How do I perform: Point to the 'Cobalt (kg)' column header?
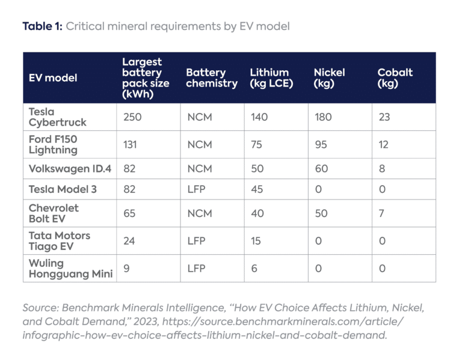395,78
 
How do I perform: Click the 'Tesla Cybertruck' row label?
58,117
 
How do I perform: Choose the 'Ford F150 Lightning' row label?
54,144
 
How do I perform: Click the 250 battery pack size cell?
132,117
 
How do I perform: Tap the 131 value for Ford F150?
130,144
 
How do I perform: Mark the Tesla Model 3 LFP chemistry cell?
196,189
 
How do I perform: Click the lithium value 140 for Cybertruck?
259,117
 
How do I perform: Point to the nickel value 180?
323,117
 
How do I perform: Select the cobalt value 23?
384,117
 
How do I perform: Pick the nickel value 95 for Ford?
321,144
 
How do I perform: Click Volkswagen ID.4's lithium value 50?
257,169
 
